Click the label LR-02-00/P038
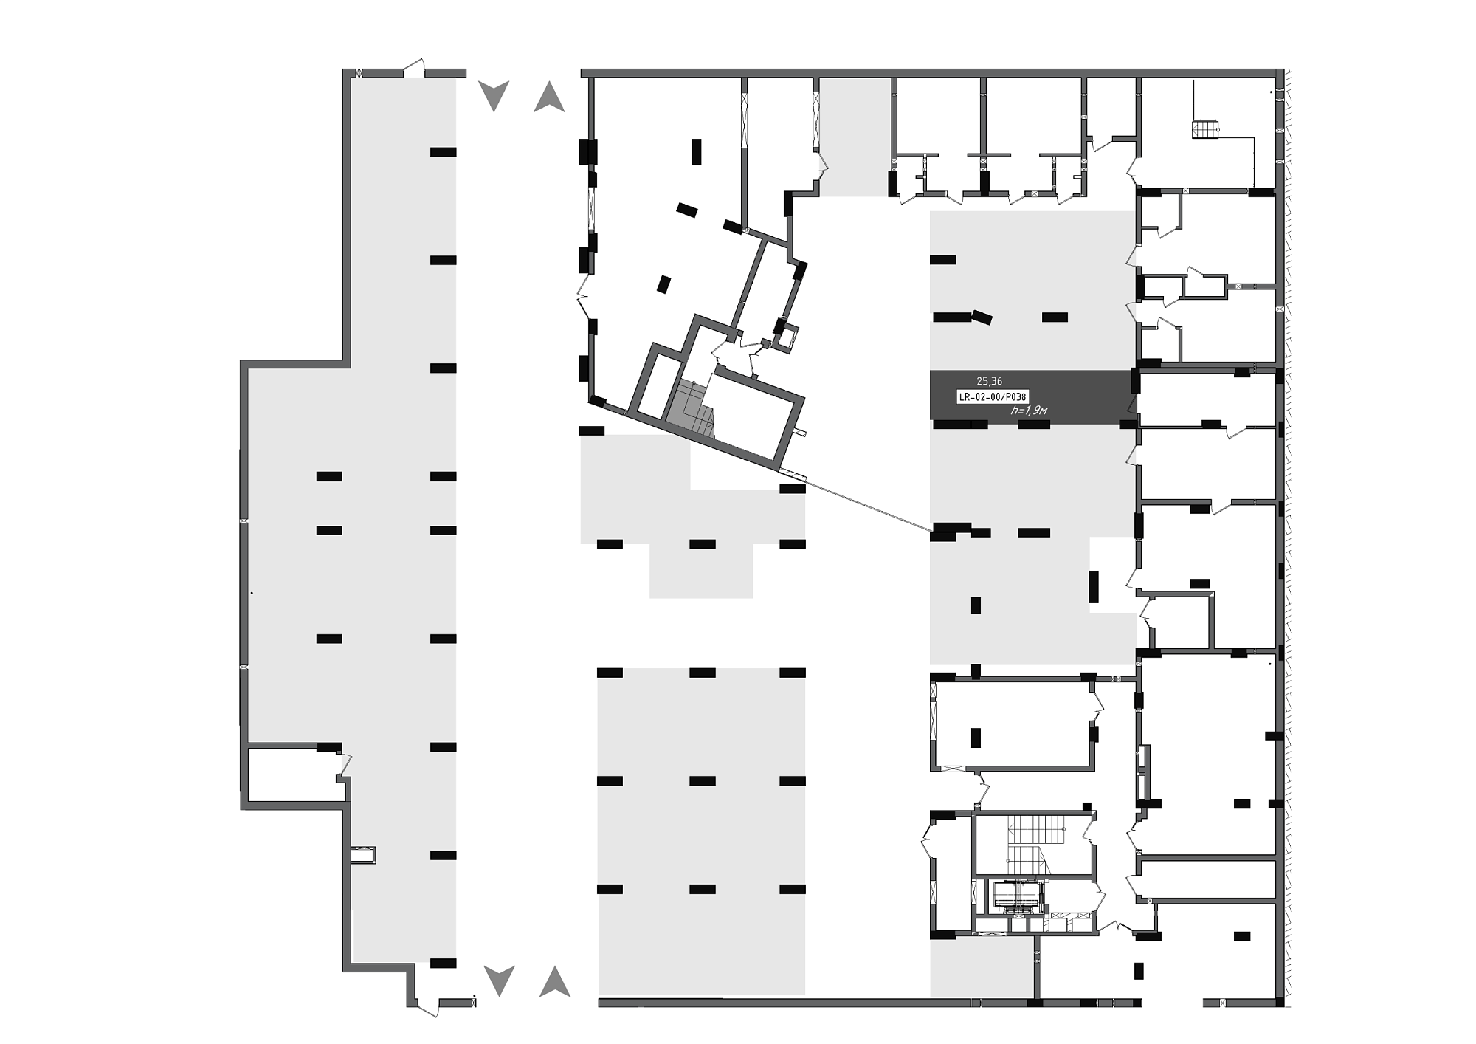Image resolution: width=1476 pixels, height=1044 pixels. click(x=992, y=396)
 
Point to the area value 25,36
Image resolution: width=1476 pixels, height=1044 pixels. click(x=989, y=381)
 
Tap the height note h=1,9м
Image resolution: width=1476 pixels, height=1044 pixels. click(x=1029, y=411)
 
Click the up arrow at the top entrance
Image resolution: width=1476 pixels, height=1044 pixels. click(x=549, y=97)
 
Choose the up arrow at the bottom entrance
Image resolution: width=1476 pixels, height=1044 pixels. click(x=555, y=981)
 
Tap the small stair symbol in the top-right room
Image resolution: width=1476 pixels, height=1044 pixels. click(x=1204, y=129)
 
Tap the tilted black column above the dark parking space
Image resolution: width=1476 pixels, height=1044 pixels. click(x=982, y=317)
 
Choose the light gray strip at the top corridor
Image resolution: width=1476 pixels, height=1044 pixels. click(x=855, y=137)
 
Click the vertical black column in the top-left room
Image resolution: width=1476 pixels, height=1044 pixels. click(x=696, y=151)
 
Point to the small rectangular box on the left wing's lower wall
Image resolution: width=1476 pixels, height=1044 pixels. click(x=363, y=855)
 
